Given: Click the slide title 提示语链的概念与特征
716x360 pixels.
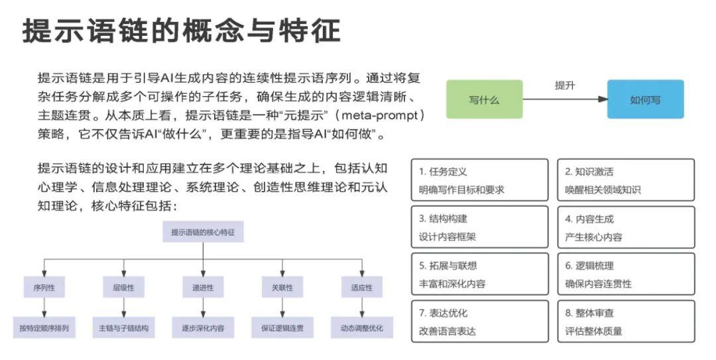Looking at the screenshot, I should coord(181,30).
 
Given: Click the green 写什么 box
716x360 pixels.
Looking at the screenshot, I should coord(484,100).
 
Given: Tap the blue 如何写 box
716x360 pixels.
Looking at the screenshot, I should coord(645,100).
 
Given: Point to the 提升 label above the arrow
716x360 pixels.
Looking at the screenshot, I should coord(565,86).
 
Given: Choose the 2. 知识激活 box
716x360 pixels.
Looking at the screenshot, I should coord(626,180).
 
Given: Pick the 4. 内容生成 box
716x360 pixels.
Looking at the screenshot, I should coord(626,227).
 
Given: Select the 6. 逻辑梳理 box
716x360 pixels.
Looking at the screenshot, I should coord(626,274).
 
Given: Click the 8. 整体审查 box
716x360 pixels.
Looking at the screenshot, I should coord(626,322).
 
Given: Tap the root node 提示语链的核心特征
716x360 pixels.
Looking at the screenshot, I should coord(203,232).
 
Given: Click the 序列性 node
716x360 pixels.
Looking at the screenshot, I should coord(44,288).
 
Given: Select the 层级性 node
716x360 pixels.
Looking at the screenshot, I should coord(123,288).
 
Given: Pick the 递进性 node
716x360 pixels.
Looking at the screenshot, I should coord(203,288).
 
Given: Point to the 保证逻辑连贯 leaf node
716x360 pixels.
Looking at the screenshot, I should coord(282,328).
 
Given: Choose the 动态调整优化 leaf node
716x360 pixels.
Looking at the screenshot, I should coord(362,328).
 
